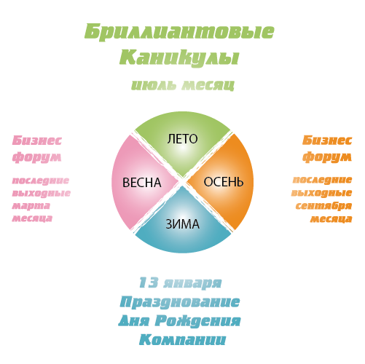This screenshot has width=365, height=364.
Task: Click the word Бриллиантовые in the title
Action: pyautogui.click(x=179, y=32)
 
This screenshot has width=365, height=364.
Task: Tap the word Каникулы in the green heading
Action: pyautogui.click(x=179, y=58)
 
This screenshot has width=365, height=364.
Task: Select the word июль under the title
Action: pyautogui.click(x=154, y=85)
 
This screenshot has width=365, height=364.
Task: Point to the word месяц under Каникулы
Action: pyautogui.click(x=208, y=85)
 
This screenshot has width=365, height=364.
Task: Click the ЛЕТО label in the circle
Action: pyautogui.click(x=182, y=139)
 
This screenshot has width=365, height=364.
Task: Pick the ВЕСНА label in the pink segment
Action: pyautogui.click(x=142, y=183)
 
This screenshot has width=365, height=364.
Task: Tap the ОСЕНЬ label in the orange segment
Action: pyautogui.click(x=224, y=182)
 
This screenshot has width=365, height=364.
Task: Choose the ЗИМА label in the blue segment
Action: pyautogui.click(x=182, y=224)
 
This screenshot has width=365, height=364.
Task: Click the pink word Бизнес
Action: pyautogui.click(x=37, y=141)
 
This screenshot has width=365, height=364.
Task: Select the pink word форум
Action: pyautogui.click(x=36, y=157)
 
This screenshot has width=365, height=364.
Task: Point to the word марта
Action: pyautogui.click(x=31, y=206)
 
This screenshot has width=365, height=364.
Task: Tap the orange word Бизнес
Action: pyautogui.click(x=327, y=141)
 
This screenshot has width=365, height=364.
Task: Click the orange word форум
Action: pyautogui.click(x=327, y=157)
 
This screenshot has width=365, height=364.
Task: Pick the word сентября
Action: pyautogui.click(x=323, y=206)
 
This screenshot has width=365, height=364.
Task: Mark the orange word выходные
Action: pyautogui.click(x=321, y=193)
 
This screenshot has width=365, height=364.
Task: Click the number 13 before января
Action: pyautogui.click(x=149, y=282)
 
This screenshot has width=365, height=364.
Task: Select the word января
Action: pyautogui.click(x=192, y=283)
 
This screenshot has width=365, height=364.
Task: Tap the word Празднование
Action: pyautogui.click(x=180, y=302)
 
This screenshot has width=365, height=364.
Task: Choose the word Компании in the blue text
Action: pyautogui.click(x=182, y=339)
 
